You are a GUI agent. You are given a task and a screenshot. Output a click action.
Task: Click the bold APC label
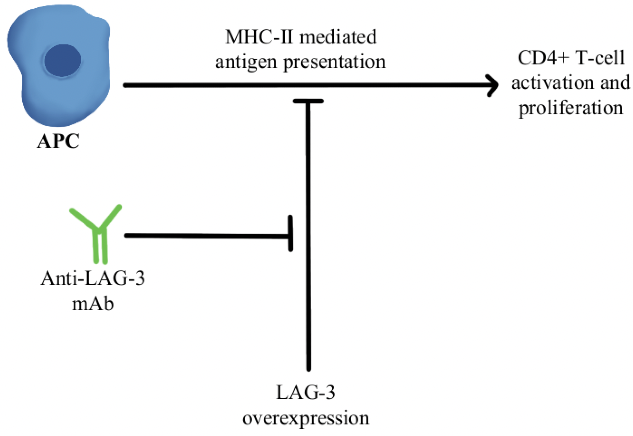(x=58, y=142)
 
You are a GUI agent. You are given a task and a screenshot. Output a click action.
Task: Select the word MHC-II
(x=259, y=37)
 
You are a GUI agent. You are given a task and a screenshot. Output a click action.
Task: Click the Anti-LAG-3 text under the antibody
(x=93, y=278)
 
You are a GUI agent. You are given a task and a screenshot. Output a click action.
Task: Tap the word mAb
(x=93, y=304)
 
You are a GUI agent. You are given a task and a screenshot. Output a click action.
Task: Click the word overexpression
(x=306, y=418)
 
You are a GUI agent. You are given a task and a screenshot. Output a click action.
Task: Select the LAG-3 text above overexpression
(x=306, y=393)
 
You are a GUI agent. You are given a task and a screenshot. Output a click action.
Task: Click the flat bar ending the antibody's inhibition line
(x=290, y=233)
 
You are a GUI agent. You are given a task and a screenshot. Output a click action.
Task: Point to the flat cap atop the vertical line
(x=308, y=101)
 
